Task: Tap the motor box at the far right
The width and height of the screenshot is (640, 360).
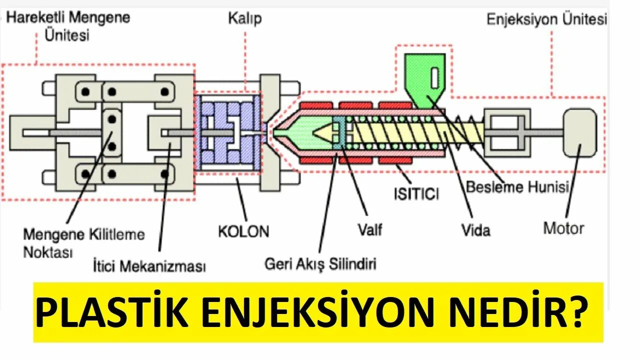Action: pos(579,132)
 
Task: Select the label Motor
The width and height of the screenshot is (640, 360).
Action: pos(563,228)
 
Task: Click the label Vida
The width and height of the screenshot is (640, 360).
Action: pos(475,230)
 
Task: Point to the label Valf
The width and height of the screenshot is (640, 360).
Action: pos(370,229)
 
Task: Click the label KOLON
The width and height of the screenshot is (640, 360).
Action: pos(243,231)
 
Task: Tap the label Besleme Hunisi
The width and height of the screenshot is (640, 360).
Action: pos(517,187)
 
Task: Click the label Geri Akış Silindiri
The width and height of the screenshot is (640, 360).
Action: pos(320,264)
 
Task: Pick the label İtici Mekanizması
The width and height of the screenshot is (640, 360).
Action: pos(149,266)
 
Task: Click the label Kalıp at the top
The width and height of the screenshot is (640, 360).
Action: pos(245,19)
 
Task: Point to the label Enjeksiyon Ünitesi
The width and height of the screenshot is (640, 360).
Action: pos(547,20)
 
